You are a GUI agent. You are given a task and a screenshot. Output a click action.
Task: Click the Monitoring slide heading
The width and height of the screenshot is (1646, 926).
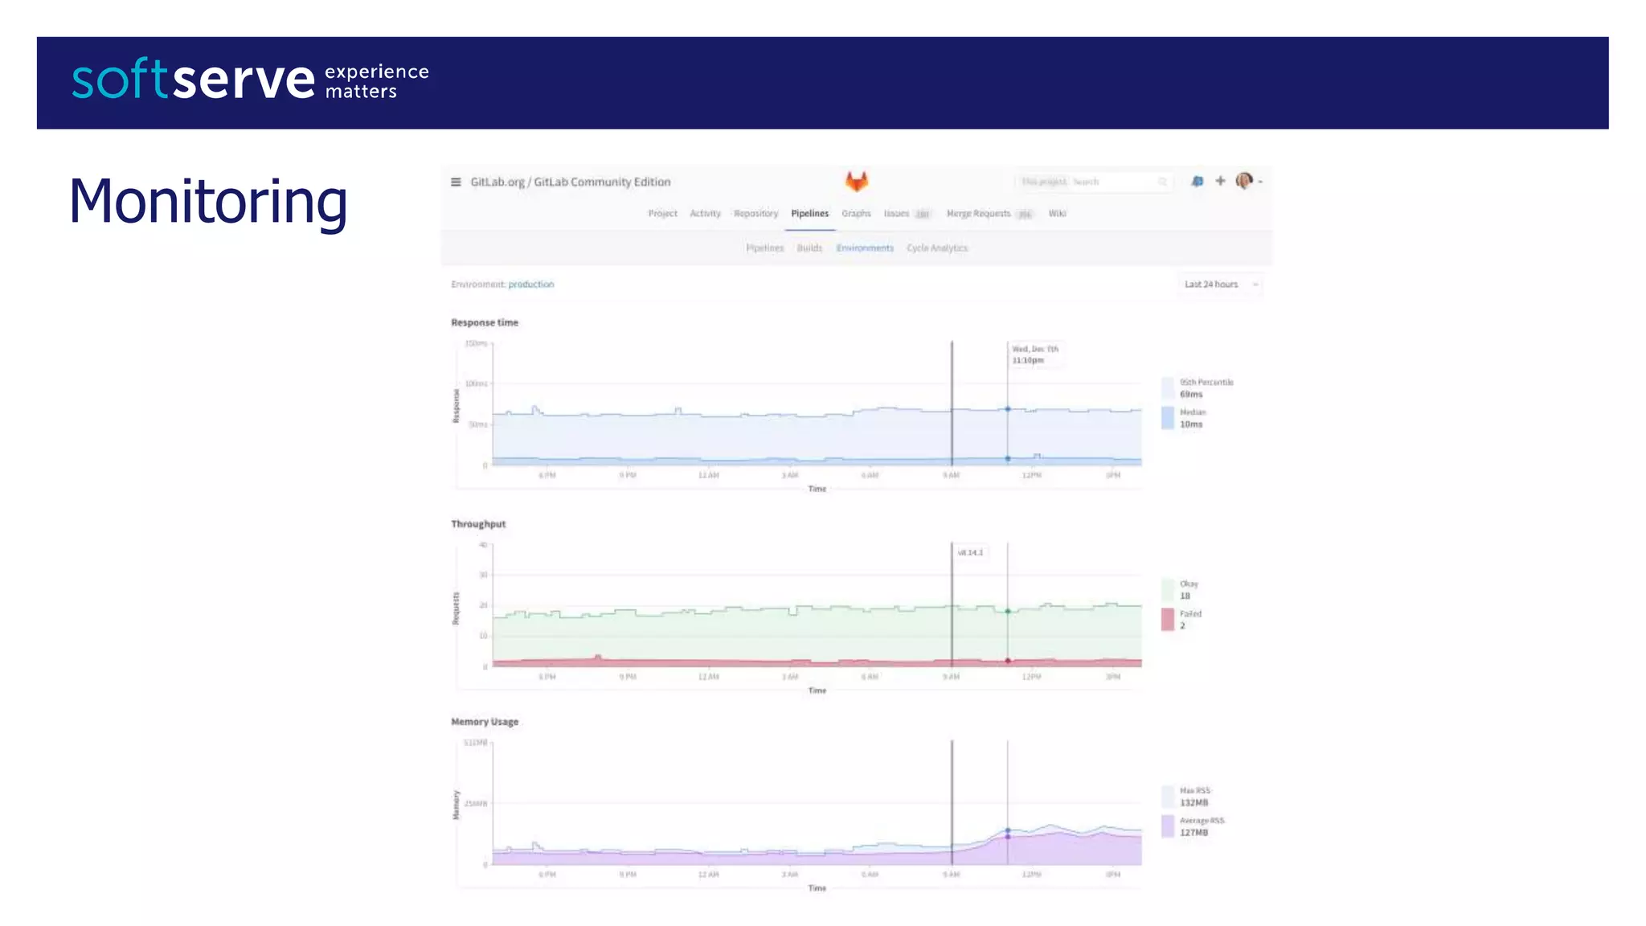pyautogui.click(x=208, y=201)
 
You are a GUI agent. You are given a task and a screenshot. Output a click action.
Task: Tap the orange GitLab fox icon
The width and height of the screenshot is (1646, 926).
pyautogui.click(x=857, y=181)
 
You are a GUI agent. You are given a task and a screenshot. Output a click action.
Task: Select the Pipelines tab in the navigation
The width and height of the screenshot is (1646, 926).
pyautogui.click(x=809, y=214)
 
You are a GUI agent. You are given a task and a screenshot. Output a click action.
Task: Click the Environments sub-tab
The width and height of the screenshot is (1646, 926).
pyautogui.click(x=865, y=248)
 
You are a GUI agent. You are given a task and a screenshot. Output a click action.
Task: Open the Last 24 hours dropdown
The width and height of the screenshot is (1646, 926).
pyautogui.click(x=1219, y=285)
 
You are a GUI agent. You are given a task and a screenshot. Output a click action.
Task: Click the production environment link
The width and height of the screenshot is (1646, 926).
pyautogui.click(x=530, y=285)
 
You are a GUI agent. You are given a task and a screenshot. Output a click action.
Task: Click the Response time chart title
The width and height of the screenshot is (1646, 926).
pyautogui.click(x=485, y=323)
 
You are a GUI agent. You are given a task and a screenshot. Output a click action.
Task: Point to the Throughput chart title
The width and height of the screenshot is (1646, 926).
pyautogui.click(x=478, y=524)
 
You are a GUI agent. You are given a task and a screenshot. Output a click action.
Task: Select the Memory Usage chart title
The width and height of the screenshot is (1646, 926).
pyautogui.click(x=485, y=722)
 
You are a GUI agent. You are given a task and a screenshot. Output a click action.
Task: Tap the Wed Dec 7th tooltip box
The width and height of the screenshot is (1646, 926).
pyautogui.click(x=1035, y=354)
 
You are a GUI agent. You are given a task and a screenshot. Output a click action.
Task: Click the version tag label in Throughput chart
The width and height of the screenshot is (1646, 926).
pyautogui.click(x=970, y=553)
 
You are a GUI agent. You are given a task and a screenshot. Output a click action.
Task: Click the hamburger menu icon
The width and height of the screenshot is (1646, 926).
pyautogui.click(x=456, y=182)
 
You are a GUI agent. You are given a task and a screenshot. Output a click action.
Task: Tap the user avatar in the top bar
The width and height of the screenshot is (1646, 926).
pyautogui.click(x=1243, y=181)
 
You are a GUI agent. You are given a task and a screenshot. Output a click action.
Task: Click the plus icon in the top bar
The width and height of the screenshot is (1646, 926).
pyautogui.click(x=1220, y=181)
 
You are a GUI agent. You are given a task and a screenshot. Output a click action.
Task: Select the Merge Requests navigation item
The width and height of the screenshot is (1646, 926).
pyautogui.click(x=978, y=214)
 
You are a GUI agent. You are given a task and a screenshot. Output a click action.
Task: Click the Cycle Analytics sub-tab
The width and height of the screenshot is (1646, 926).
pyautogui.click(x=937, y=248)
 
